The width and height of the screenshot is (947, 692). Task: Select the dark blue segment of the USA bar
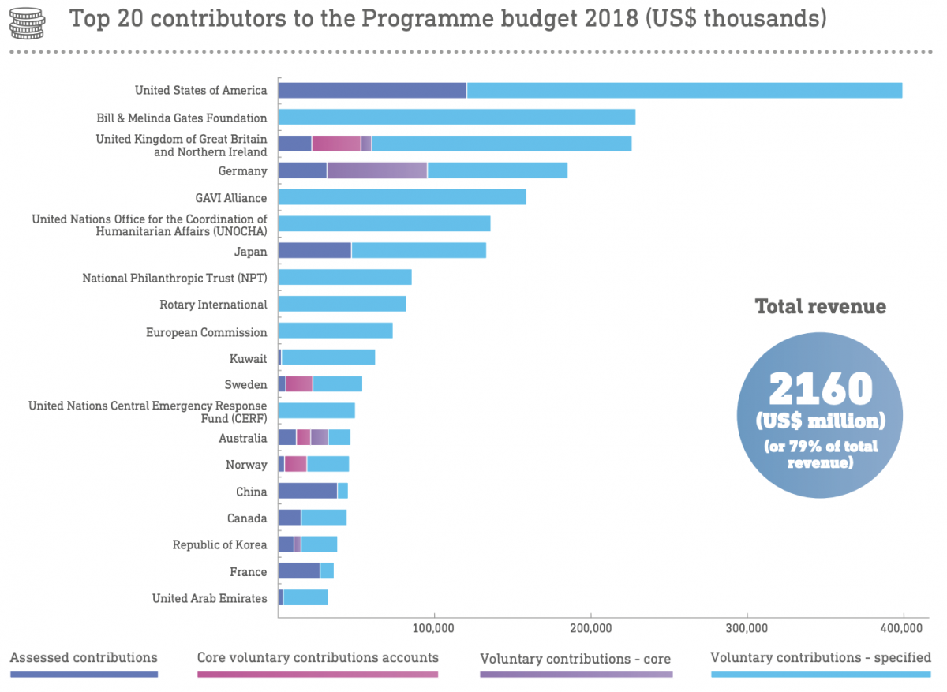tap(372, 90)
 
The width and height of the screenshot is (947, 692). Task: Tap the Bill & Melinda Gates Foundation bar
tap(456, 118)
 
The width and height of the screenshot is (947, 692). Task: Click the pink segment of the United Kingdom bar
tap(336, 144)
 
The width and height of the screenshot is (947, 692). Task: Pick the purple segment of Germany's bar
tap(376, 170)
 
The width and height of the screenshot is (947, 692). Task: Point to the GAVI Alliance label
tap(230, 198)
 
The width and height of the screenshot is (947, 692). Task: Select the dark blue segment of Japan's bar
tap(314, 251)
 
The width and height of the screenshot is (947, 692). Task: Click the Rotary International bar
tap(342, 304)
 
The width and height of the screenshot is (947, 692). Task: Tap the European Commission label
tap(206, 332)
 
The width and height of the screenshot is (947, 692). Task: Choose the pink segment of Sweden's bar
tap(299, 384)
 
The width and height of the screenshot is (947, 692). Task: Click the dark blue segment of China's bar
tap(307, 491)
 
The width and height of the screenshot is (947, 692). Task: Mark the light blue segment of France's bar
tap(327, 570)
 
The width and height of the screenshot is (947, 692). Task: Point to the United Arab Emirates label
tap(209, 598)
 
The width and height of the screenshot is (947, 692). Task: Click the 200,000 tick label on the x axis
tap(590, 629)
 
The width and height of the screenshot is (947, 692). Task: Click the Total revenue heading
tap(821, 306)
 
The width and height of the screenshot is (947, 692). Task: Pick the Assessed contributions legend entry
tap(84, 658)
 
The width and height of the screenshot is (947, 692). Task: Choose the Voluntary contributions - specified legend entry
tap(821, 658)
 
